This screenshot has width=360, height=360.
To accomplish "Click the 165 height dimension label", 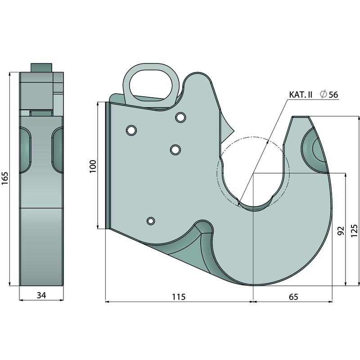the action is [5, 178].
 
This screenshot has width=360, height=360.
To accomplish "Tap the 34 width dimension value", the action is [41, 295].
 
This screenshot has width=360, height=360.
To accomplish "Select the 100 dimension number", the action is [93, 166].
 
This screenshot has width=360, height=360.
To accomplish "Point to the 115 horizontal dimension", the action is [179, 297].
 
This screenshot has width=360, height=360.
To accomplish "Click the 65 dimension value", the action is [293, 297].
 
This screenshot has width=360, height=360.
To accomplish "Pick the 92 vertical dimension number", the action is [342, 230].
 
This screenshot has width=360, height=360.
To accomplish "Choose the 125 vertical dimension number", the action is [354, 230].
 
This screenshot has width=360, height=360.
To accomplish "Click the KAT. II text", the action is [301, 94].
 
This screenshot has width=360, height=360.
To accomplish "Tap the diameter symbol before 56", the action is [323, 94].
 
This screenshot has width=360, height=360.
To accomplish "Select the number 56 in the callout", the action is [333, 94].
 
